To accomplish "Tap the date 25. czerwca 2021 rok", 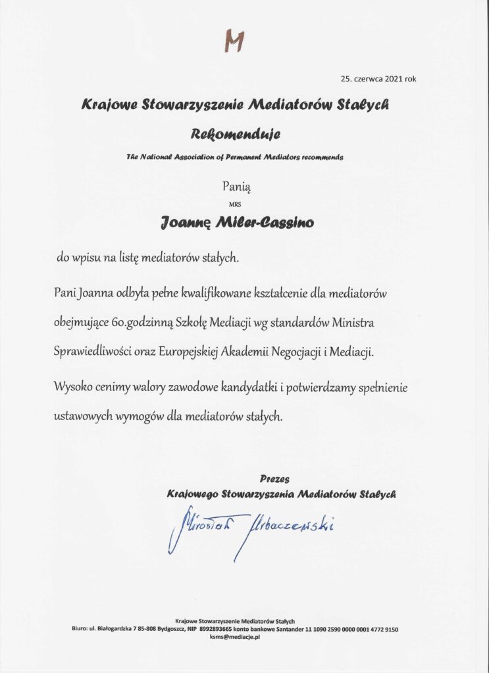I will coord(378,79).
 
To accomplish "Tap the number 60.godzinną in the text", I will coord(174,323).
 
